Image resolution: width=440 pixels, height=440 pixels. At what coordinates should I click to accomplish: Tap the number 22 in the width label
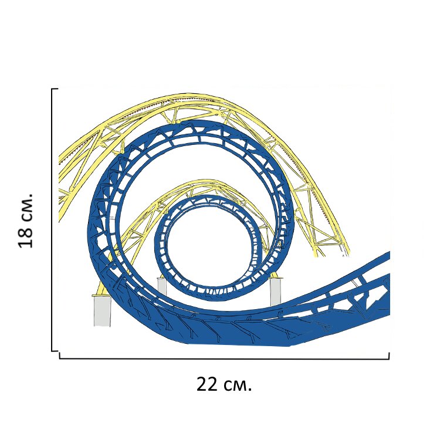207,385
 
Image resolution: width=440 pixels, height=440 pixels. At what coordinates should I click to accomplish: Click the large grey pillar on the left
103,310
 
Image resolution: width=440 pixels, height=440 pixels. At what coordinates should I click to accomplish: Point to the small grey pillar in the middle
162,286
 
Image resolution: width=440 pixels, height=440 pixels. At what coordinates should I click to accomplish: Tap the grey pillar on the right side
275,292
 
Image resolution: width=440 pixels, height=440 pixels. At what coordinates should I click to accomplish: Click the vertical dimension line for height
52,220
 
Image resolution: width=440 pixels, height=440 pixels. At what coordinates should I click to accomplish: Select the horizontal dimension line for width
224,358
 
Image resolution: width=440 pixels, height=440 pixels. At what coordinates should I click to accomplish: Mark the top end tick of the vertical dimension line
55,89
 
